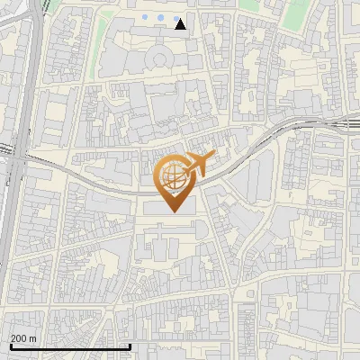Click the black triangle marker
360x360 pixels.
point(181,24)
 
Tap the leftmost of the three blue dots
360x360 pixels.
point(146,18)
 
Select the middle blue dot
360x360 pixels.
point(159,18)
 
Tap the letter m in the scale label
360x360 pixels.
point(33,337)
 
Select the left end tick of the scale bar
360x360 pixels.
point(10,346)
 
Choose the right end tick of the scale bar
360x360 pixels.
point(130,346)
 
